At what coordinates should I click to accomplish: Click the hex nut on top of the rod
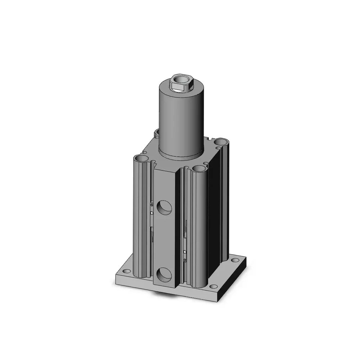[183, 84]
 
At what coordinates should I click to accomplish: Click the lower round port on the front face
[165, 274]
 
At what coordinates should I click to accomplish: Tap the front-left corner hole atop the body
[141, 159]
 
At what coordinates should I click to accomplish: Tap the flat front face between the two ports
[165, 241]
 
